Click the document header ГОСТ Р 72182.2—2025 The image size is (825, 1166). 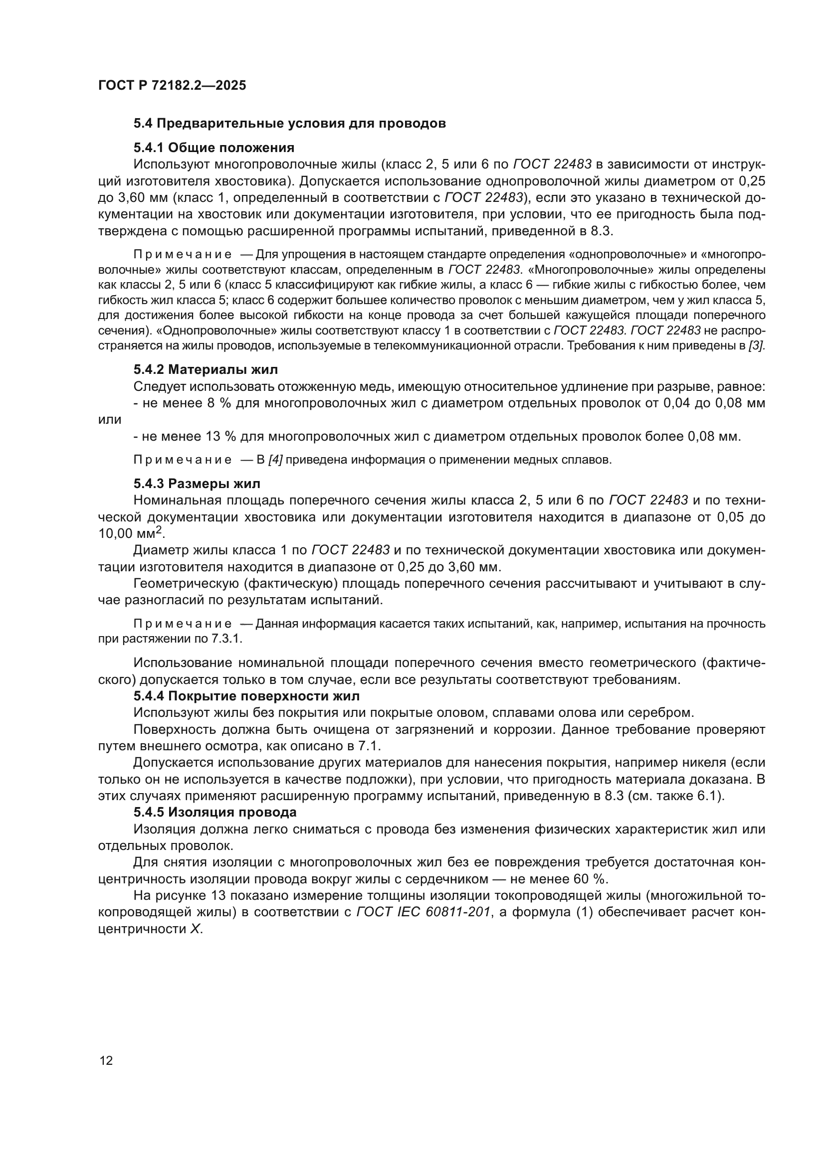click(172, 85)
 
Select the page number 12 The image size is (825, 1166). click(106, 1060)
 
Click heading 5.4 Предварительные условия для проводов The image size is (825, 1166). click(290, 124)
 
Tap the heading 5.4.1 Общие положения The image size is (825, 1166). click(214, 148)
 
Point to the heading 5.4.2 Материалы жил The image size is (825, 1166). click(206, 369)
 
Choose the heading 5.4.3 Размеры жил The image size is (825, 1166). click(197, 483)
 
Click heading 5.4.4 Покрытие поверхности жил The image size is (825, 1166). click(246, 696)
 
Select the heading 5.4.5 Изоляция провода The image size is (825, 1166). click(215, 812)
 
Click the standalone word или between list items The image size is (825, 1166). click(109, 420)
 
